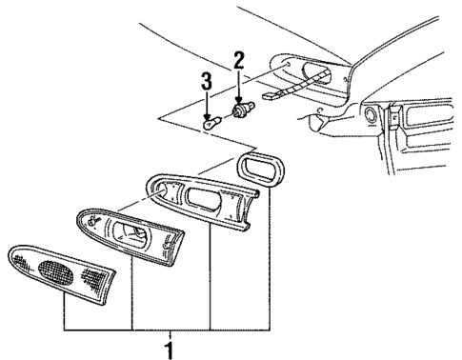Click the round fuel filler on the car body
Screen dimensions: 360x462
367,115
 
